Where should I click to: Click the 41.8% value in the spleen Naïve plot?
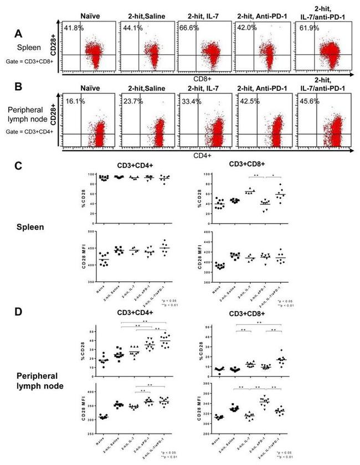(x=74, y=28)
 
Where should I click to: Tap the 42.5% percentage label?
(x=248, y=101)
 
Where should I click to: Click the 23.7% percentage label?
(x=132, y=102)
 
